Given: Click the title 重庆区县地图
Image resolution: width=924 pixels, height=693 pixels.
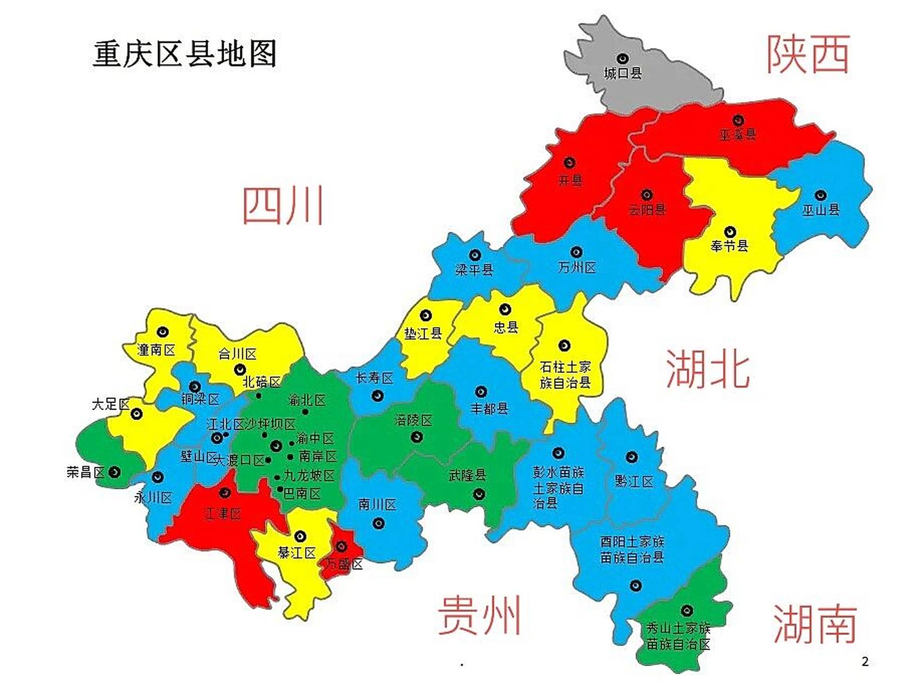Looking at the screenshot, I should (x=185, y=54).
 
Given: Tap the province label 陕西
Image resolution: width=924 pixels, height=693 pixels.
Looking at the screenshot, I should (x=808, y=54).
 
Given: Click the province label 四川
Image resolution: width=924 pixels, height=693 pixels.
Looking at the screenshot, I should (x=283, y=205).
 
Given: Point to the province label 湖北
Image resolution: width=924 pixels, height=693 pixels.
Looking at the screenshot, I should (x=707, y=369).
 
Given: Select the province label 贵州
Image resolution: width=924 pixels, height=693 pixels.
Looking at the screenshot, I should (x=479, y=615).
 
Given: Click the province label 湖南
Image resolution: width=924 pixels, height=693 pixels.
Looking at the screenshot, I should (x=815, y=624).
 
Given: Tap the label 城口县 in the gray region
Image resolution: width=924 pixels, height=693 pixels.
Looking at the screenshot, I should (x=622, y=73).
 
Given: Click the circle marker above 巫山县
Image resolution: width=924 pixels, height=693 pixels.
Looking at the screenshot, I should (x=821, y=195).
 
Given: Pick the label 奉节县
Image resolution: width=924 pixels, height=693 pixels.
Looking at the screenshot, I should (x=729, y=246).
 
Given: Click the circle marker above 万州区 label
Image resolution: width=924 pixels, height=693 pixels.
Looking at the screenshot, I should (x=576, y=252).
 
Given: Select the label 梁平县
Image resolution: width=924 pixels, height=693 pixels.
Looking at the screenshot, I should (x=474, y=269).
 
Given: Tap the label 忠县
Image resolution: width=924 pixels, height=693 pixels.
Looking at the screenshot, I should (x=506, y=326).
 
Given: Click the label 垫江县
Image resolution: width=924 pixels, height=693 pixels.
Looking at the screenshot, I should (x=423, y=334).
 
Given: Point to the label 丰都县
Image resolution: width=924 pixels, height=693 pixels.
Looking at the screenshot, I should (x=489, y=408).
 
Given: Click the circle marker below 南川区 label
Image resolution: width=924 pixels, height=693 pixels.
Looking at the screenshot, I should (x=378, y=523).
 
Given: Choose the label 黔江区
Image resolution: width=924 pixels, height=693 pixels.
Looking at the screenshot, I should (x=634, y=481).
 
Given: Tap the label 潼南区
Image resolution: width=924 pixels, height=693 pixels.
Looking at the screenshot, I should (x=156, y=350).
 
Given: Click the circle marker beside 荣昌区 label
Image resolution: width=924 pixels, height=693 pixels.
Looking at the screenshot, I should (x=114, y=472).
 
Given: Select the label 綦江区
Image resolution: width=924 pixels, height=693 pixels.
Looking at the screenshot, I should (x=297, y=553).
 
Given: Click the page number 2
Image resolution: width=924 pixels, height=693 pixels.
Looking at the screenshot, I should (x=865, y=661).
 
